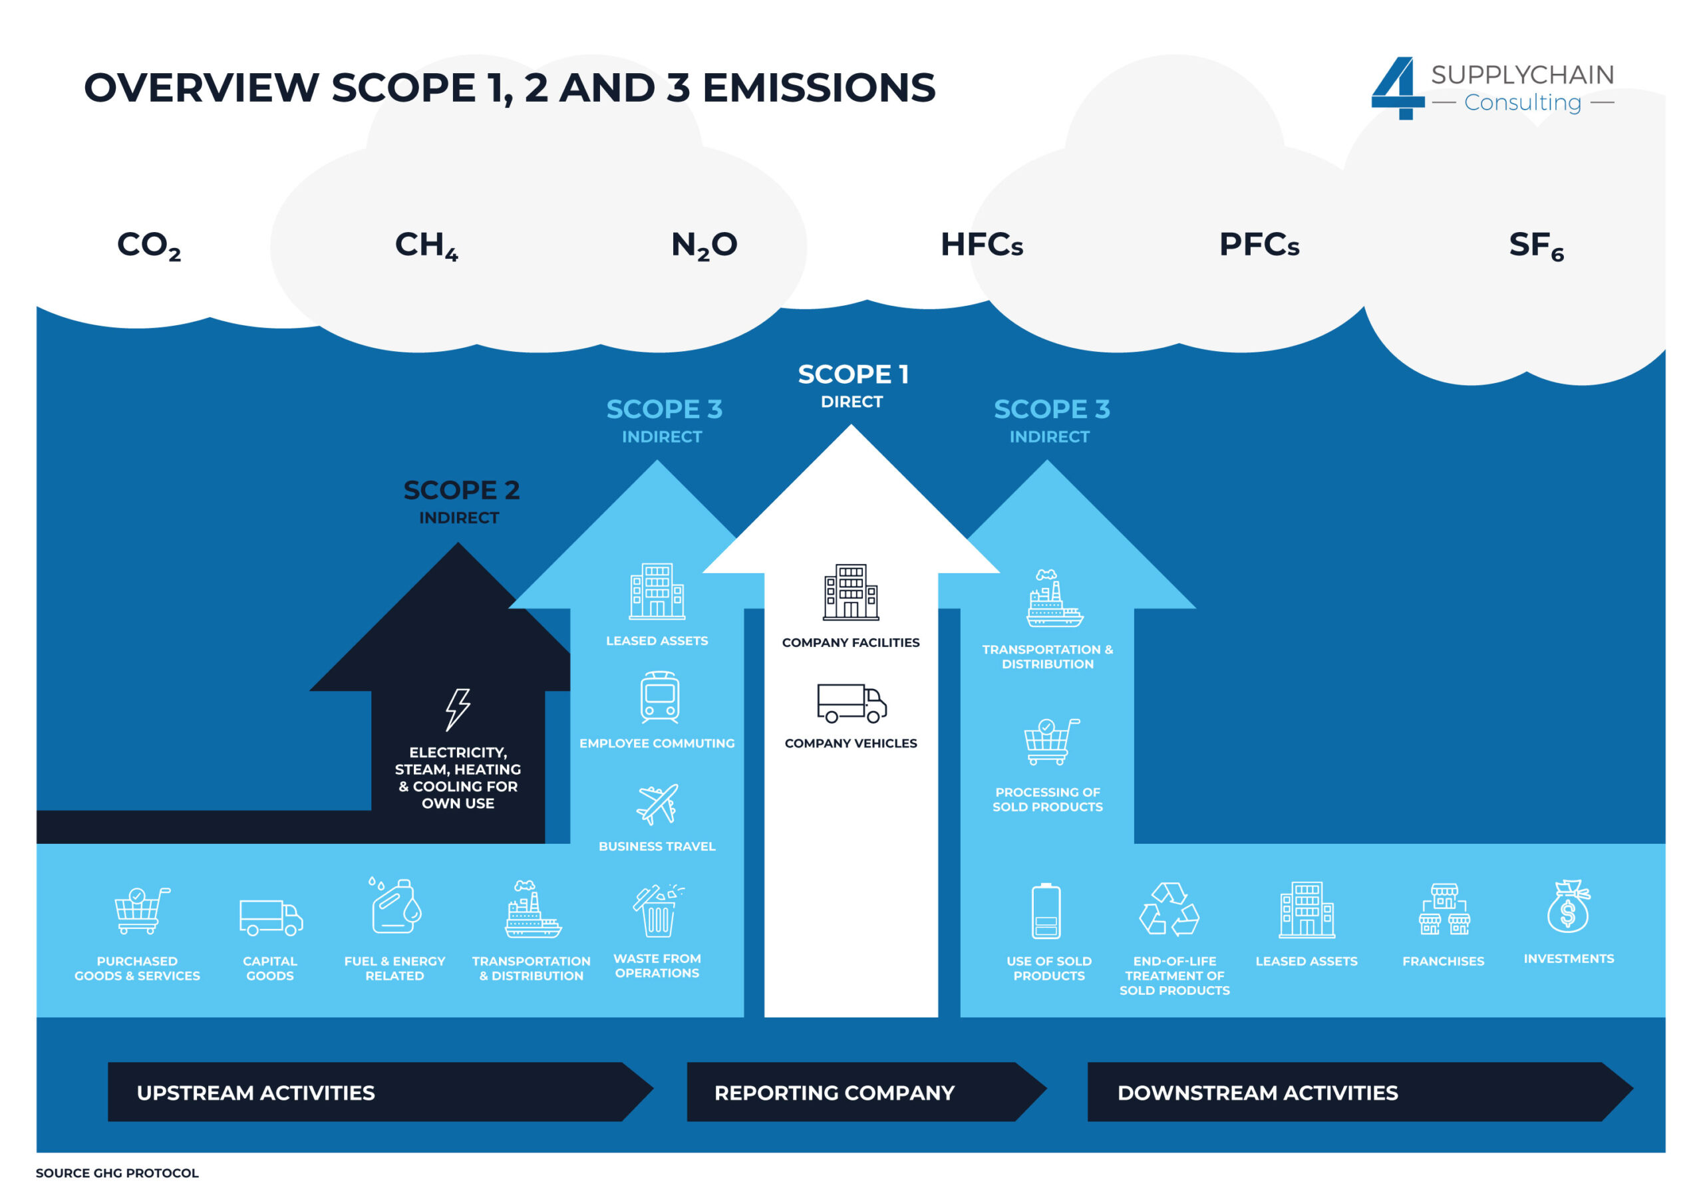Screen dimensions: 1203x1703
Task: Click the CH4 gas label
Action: [x=426, y=245]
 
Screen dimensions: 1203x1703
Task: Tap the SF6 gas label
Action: [x=1535, y=245]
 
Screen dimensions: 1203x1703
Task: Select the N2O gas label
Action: [x=704, y=245]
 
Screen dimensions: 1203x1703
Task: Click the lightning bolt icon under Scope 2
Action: [x=458, y=709]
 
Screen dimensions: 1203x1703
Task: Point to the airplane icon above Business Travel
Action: [x=657, y=804]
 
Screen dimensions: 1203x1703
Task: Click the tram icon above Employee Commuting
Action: [x=659, y=697]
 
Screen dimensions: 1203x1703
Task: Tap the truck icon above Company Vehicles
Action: [x=851, y=702]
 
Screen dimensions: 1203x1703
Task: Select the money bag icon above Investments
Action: [x=1567, y=907]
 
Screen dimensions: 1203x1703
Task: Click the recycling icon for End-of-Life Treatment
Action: [x=1169, y=908]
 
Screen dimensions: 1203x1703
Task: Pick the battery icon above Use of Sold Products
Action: [x=1046, y=911]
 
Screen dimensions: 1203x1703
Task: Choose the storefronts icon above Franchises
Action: [x=1444, y=908]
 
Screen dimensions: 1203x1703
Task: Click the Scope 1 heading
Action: [x=853, y=374]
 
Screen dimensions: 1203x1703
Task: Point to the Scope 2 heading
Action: [x=462, y=490]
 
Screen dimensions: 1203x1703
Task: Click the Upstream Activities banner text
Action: [x=256, y=1093]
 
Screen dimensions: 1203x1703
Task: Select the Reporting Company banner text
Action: [x=834, y=1093]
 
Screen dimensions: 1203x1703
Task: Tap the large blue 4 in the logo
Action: [x=1398, y=88]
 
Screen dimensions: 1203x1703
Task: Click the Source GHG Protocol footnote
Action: [x=117, y=1172]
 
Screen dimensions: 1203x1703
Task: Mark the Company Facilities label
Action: [x=850, y=642]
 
